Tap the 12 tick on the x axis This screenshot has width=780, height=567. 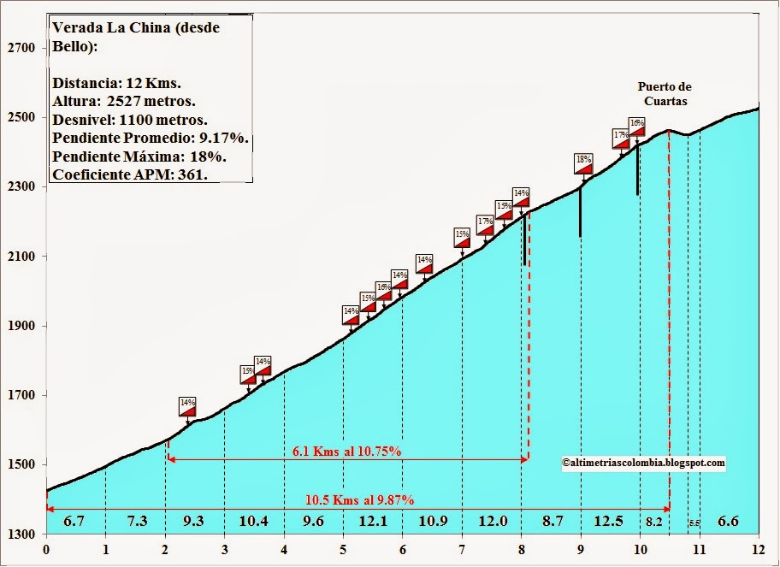tap(759, 549)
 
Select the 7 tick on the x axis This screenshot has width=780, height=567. tap(462, 549)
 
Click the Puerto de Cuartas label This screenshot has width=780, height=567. tap(665, 93)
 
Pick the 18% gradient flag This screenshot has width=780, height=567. tap(584, 162)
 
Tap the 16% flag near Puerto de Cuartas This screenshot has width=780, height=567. tap(636, 127)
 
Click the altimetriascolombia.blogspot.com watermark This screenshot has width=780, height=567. tap(644, 463)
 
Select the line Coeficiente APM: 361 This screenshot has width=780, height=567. tap(131, 174)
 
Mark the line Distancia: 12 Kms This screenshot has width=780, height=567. tap(116, 84)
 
